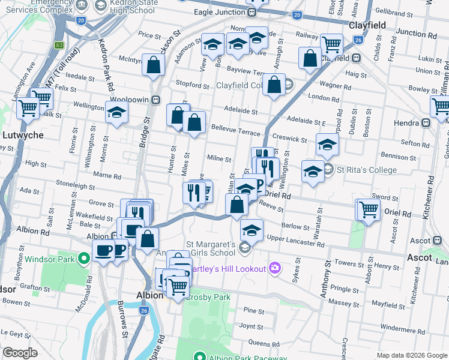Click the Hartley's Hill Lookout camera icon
tap(275, 268)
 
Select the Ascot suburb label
tap(418, 257)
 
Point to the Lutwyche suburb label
tap(23, 135)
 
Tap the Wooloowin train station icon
tap(155, 99)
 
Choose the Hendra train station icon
tap(427, 122)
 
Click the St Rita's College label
tap(365, 170)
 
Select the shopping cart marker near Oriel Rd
tap(368, 209)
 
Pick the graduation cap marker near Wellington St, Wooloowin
tap(116, 112)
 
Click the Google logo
tap(19, 353)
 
